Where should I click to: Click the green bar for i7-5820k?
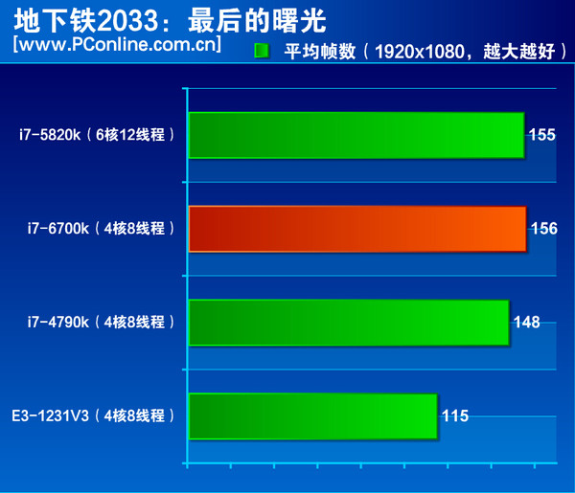[356, 135]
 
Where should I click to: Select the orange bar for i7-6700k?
[357, 229]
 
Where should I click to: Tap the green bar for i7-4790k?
[349, 323]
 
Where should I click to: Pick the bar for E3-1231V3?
[313, 415]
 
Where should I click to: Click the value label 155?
[541, 135]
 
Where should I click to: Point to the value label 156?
[542, 229]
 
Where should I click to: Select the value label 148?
[526, 323]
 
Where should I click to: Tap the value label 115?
[455, 415]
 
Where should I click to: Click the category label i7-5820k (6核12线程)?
[96, 135]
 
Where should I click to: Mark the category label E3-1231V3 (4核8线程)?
[93, 415]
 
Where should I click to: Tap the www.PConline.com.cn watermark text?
[118, 45]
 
